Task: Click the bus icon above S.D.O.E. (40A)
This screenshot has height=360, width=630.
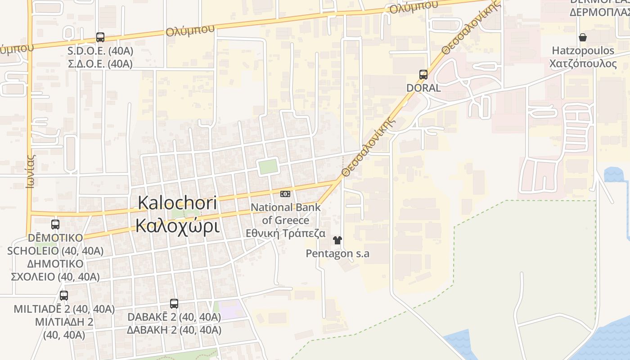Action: (x=100, y=37)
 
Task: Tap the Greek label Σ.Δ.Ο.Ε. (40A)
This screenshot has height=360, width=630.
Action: (x=100, y=64)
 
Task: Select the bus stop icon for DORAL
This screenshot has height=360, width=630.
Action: (x=423, y=75)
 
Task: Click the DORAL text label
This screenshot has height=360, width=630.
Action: (x=423, y=88)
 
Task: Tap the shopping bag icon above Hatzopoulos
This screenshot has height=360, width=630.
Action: (x=583, y=37)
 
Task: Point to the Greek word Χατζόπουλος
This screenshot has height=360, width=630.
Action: (x=583, y=63)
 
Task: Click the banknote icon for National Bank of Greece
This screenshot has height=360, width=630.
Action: (x=285, y=194)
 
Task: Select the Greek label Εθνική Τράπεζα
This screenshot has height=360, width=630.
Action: (x=285, y=234)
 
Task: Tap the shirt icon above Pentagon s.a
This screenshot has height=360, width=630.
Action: (x=337, y=240)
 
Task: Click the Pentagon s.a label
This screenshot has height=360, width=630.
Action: (x=337, y=254)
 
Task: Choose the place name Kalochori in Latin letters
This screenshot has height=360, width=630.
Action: (x=177, y=202)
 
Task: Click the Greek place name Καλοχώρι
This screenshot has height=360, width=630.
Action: (x=177, y=226)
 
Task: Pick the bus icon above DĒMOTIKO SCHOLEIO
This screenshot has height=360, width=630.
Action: (x=55, y=224)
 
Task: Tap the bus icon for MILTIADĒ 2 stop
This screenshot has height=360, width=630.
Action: (x=64, y=296)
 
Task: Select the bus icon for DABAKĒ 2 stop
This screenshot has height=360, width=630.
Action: (x=174, y=304)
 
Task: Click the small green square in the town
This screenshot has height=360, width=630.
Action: (x=268, y=167)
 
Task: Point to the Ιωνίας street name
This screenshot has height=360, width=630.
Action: (x=31, y=171)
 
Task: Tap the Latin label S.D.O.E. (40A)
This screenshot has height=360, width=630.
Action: (x=100, y=51)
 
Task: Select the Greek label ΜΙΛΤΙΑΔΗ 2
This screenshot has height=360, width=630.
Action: (x=64, y=322)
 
